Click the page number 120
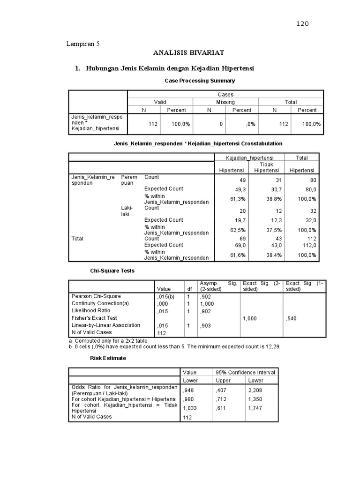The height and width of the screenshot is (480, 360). [x=302, y=24]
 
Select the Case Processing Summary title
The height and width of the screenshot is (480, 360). [x=200, y=81]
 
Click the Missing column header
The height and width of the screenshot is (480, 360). [x=225, y=102]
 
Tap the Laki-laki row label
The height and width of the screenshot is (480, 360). [x=127, y=210]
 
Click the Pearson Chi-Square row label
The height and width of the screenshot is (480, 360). [x=96, y=296]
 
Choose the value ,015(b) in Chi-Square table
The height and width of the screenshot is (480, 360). [x=166, y=296]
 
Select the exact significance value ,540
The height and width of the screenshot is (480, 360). [x=291, y=319]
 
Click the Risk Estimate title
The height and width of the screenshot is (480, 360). [x=109, y=358]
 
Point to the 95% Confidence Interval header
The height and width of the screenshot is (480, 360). [x=245, y=372]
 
